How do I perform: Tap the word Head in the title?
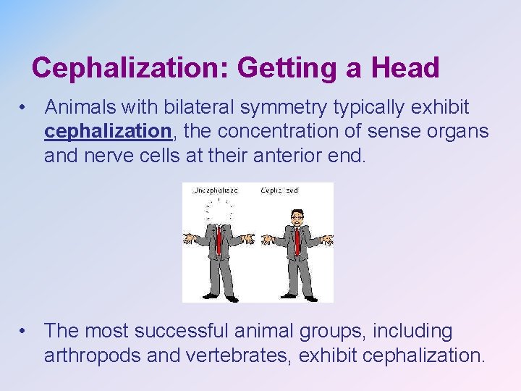405,68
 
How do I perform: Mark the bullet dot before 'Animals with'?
25,108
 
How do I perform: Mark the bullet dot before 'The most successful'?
25,332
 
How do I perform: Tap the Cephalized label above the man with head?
279,190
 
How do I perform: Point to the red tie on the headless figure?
218,240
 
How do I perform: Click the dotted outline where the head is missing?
219,211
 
